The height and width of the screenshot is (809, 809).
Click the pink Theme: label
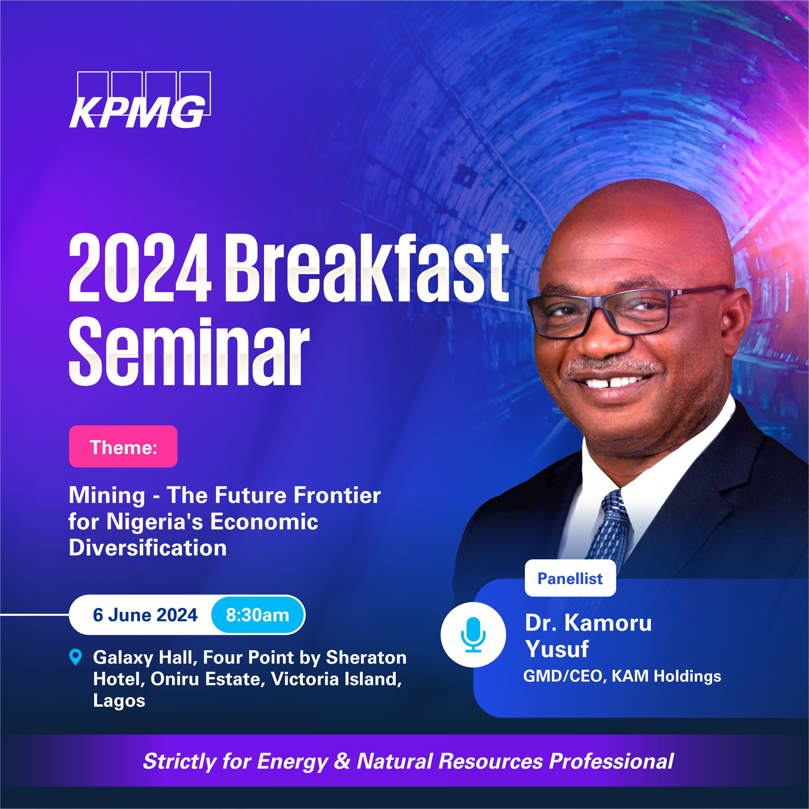[123, 447]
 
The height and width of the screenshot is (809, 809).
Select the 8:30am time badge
[257, 615]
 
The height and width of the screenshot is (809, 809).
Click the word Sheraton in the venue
[366, 657]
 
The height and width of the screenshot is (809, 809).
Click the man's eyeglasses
[624, 313]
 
